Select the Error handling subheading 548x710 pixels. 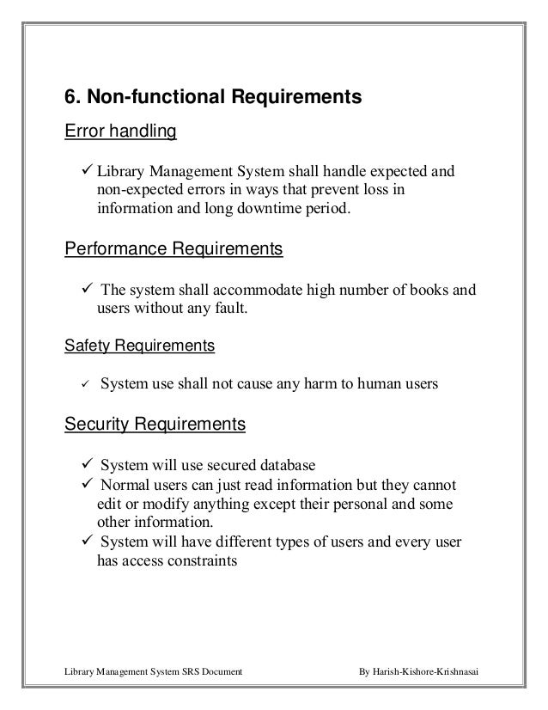coord(120,132)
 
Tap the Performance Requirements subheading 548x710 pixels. coord(174,250)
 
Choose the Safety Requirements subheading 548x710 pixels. coord(140,347)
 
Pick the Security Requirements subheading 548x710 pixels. coord(155,425)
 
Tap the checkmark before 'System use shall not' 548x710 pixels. coord(86,385)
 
